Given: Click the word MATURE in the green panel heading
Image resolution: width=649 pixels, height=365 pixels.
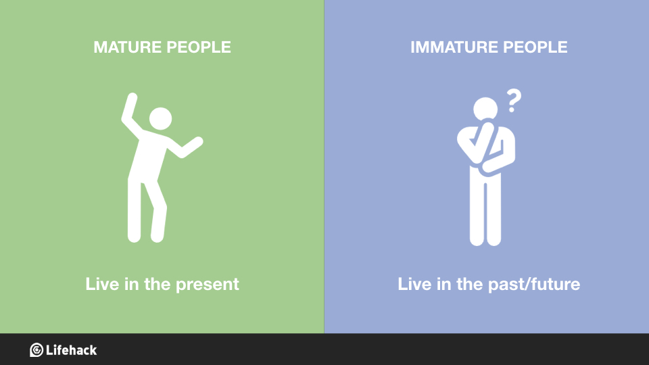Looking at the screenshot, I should tap(122, 47).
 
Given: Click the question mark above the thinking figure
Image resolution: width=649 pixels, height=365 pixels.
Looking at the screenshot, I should tap(514, 102).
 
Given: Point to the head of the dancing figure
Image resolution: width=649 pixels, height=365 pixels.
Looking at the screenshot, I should tap(160, 120).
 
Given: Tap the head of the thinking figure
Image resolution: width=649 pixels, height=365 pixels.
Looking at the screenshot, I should tap(485, 109).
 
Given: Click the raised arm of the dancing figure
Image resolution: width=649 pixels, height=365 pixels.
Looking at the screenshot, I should tap(128, 112).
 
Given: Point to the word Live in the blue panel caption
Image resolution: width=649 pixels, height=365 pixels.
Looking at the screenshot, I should tap(413, 284).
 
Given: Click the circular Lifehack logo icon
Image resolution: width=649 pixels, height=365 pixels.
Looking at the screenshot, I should tap(37, 350).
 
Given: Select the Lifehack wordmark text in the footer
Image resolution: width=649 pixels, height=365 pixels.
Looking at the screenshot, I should tap(72, 350).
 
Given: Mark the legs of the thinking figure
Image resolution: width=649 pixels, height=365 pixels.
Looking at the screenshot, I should tap(485, 210).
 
